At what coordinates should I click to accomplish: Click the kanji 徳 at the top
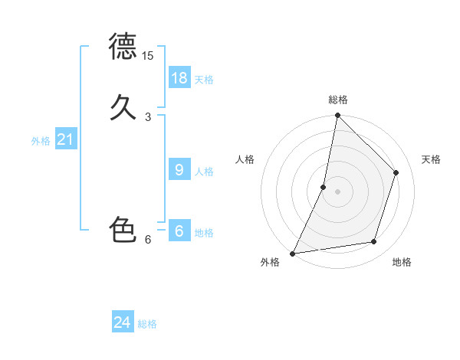[x=123, y=47]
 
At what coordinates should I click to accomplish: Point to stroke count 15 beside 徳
[x=148, y=56]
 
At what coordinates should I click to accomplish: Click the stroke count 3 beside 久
[x=148, y=116]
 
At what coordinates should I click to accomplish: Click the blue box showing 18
[x=179, y=77]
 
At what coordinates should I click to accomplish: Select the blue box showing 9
[x=179, y=169]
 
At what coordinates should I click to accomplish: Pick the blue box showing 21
[x=65, y=139]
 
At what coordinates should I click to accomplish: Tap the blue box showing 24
[x=123, y=322]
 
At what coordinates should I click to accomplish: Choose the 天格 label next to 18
[x=204, y=80]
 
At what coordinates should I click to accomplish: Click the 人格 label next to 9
[x=204, y=172]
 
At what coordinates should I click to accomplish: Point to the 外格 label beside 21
[x=41, y=141]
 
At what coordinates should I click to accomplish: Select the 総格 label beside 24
[x=147, y=325]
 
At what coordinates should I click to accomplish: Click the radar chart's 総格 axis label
[x=338, y=100]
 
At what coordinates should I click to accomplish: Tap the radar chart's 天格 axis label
[x=432, y=159]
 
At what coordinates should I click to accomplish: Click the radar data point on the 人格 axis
[x=324, y=187]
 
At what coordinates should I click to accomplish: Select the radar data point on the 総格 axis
[x=337, y=115]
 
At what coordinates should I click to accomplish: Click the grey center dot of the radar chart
[x=337, y=191]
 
